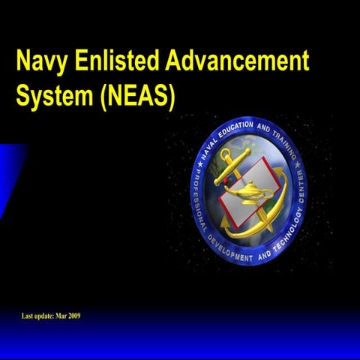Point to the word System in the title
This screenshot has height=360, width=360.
[49, 98]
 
